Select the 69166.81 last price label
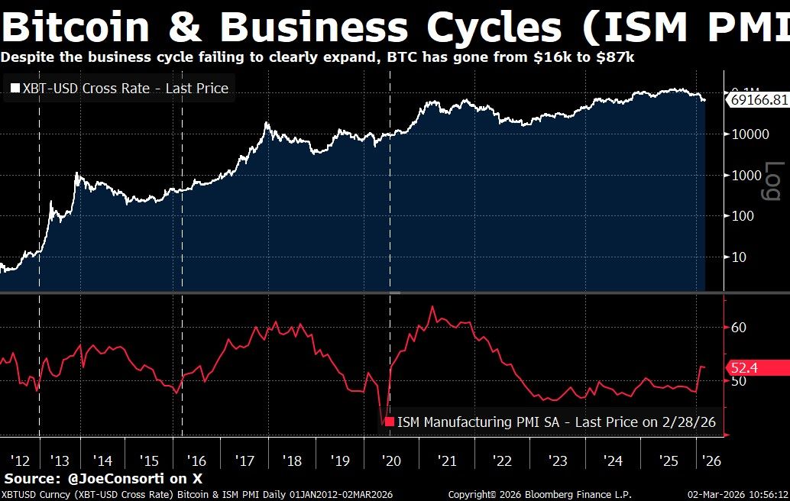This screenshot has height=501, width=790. [x=756, y=100]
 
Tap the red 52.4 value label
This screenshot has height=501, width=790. [x=743, y=368]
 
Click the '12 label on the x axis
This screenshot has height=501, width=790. [x=21, y=461]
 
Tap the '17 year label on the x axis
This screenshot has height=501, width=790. [x=244, y=461]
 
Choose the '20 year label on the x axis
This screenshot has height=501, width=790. [x=391, y=461]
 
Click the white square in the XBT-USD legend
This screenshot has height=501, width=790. [x=15, y=89]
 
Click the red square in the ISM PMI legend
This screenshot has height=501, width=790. [x=389, y=422]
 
